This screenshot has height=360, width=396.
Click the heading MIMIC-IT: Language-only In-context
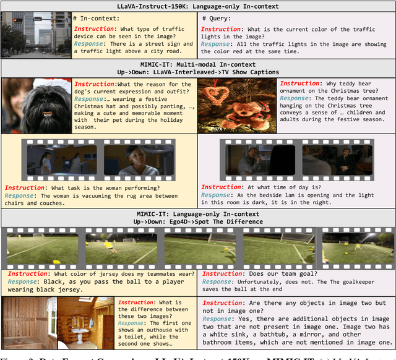tap(198, 213)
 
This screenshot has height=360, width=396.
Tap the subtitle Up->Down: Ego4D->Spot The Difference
tap(198, 221)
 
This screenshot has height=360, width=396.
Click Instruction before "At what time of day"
tap(220, 187)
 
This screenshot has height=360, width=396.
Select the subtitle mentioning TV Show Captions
tap(198, 72)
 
